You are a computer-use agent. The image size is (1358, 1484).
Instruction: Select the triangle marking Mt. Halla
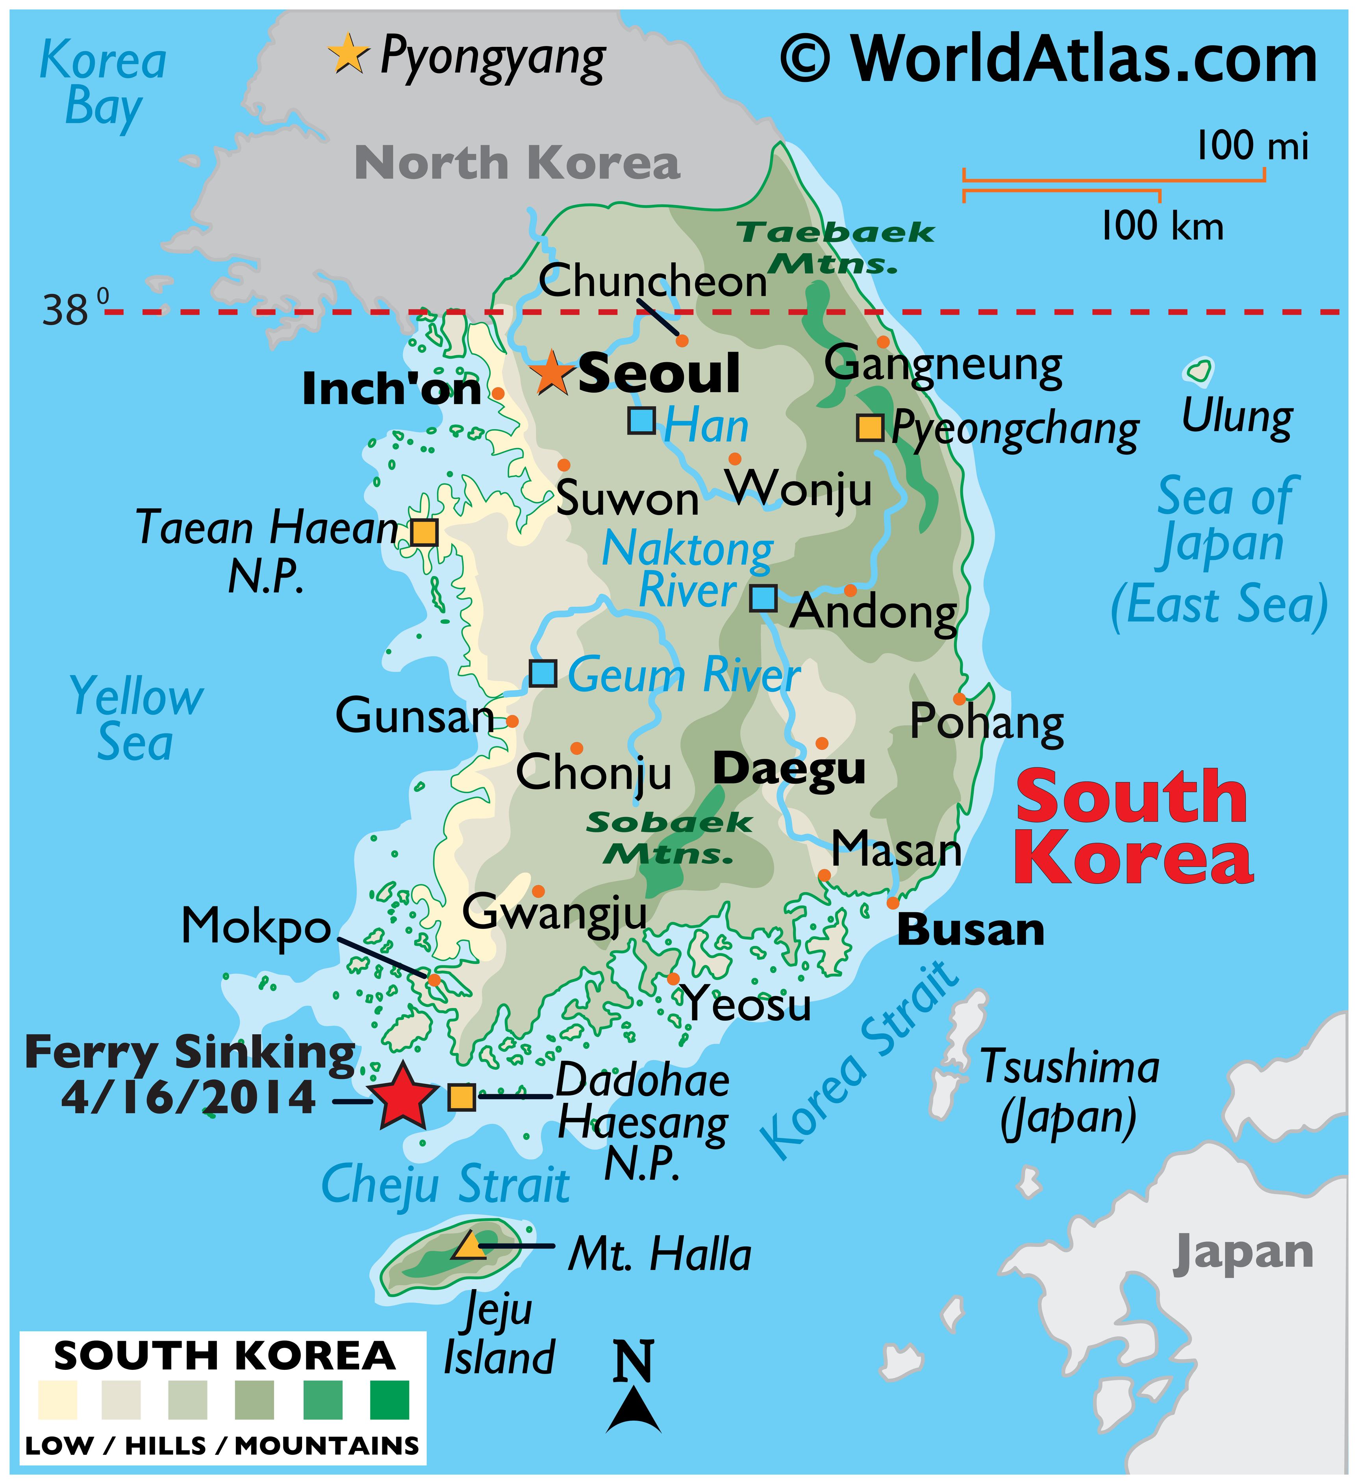pos(469,1245)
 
